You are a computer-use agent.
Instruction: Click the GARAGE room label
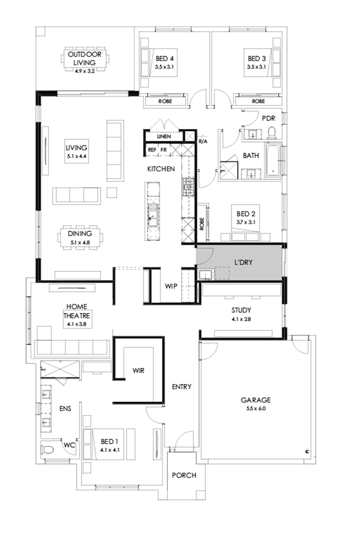(255, 400)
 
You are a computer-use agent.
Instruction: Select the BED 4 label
(165, 59)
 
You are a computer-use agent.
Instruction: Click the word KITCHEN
(161, 169)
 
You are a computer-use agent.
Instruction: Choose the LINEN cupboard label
(164, 136)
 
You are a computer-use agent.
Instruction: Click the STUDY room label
(240, 310)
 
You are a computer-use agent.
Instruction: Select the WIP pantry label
(171, 286)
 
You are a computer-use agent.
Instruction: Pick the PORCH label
(184, 475)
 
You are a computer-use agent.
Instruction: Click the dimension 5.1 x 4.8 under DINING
(79, 240)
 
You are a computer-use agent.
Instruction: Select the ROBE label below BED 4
(165, 101)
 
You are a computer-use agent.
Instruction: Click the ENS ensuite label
(65, 409)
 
